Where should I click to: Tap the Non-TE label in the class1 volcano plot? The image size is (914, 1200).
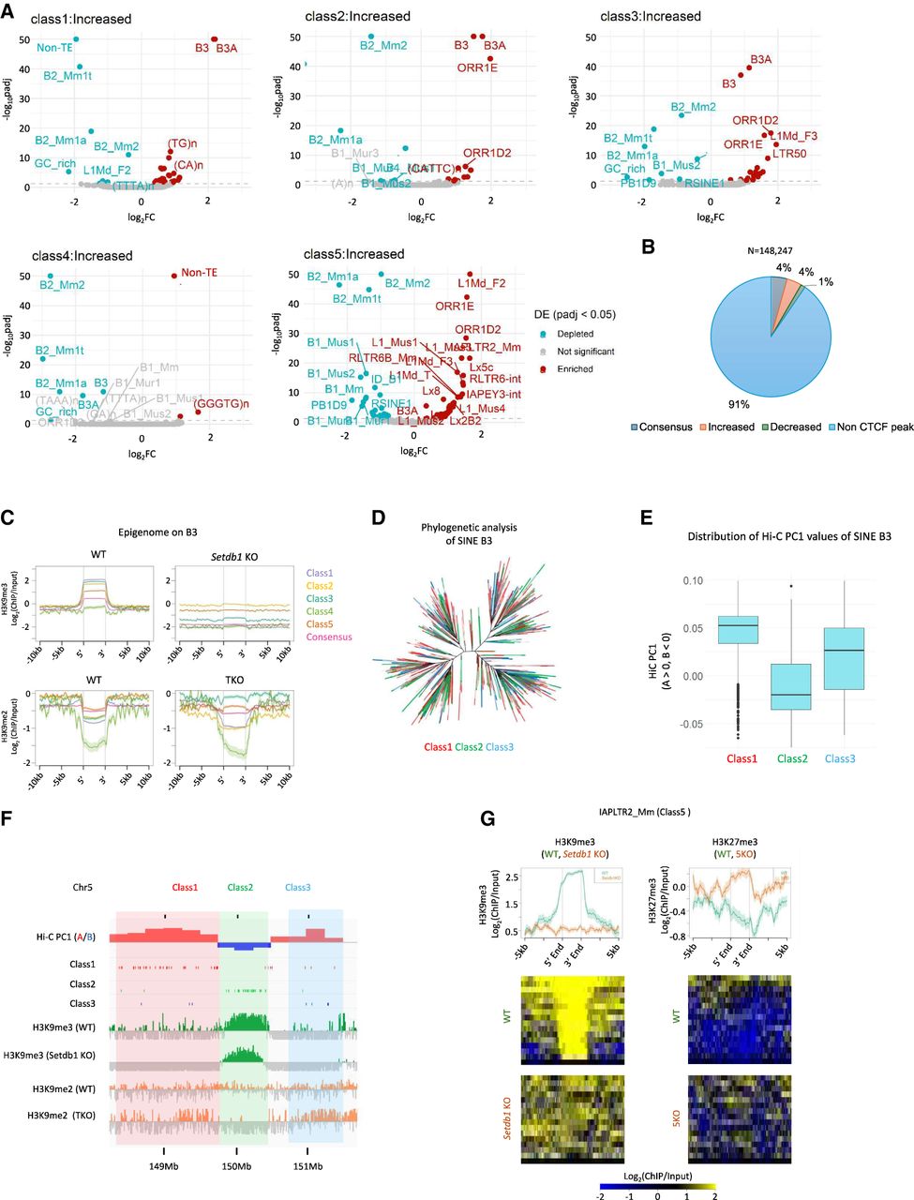(x=52, y=46)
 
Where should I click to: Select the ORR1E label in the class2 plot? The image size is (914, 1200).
(x=478, y=67)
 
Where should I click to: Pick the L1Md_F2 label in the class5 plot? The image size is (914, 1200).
(x=482, y=282)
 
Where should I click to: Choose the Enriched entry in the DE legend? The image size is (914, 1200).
(x=575, y=369)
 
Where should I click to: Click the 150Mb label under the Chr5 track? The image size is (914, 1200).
(x=236, y=1166)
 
